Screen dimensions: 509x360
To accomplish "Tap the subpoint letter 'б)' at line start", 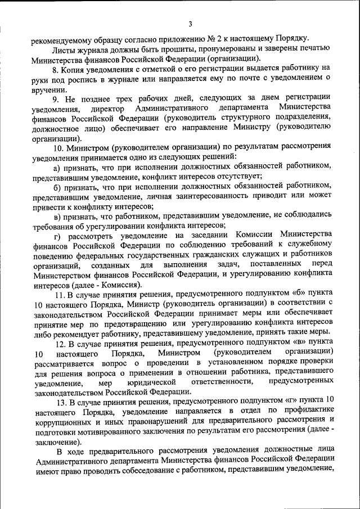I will pyautogui.click(x=57, y=187).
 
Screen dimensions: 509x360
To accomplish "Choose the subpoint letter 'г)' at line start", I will pyautogui.click(x=57, y=236).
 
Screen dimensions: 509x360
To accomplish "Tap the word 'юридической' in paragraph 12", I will pyautogui.click(x=148, y=383).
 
